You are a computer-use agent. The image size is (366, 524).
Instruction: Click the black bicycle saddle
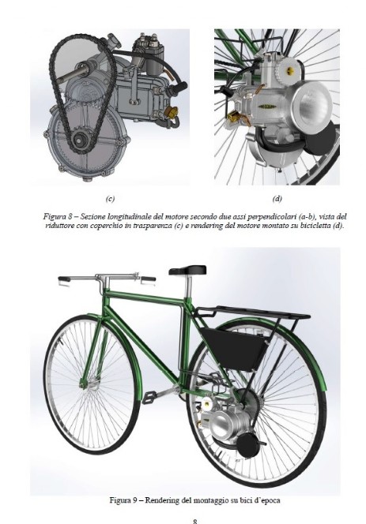187,270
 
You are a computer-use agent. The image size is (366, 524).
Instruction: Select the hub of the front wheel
82,385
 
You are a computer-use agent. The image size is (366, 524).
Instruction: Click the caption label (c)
110,199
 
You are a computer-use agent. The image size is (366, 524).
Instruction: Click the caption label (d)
277,199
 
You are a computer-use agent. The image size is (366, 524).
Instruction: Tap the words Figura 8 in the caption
57,216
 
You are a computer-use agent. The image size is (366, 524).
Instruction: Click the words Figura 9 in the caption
123,500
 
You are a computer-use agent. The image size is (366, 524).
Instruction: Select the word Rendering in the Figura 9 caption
162,500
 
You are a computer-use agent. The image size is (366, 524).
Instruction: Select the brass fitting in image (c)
172,112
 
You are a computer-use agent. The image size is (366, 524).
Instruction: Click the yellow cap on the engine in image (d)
289,70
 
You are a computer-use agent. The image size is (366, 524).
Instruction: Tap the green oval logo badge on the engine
267,107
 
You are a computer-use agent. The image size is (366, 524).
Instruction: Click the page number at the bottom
195,521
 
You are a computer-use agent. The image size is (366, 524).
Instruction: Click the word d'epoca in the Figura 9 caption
267,500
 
